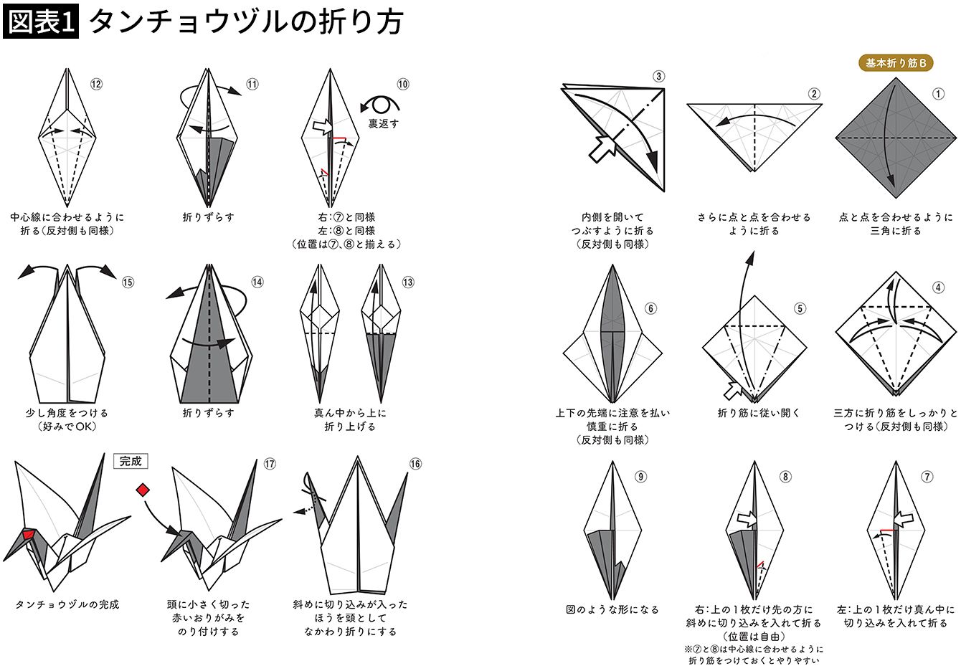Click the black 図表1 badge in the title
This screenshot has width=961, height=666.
(x=41, y=22)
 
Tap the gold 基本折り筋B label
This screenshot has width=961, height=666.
(x=896, y=63)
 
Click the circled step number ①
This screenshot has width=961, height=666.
(x=938, y=94)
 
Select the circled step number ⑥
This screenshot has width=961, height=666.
(x=650, y=308)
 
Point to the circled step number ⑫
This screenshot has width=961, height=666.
(x=96, y=84)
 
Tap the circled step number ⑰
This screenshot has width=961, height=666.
(x=270, y=464)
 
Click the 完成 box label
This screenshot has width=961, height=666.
(x=131, y=462)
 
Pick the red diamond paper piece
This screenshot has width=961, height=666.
(x=143, y=490)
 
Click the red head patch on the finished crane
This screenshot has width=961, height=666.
(x=29, y=535)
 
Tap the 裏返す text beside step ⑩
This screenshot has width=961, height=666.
(x=383, y=123)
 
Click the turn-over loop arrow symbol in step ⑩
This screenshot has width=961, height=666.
(x=380, y=104)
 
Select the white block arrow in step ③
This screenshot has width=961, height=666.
(x=602, y=148)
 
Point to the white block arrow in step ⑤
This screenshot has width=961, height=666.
(x=733, y=390)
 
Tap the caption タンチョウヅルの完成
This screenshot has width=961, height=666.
(x=67, y=604)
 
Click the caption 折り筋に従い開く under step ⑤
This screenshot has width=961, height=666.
(x=759, y=413)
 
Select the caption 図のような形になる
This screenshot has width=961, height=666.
(x=612, y=609)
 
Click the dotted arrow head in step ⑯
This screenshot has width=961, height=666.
(x=298, y=512)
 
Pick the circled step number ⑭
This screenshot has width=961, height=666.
(x=257, y=282)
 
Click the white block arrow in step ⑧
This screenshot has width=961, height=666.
(x=747, y=519)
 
